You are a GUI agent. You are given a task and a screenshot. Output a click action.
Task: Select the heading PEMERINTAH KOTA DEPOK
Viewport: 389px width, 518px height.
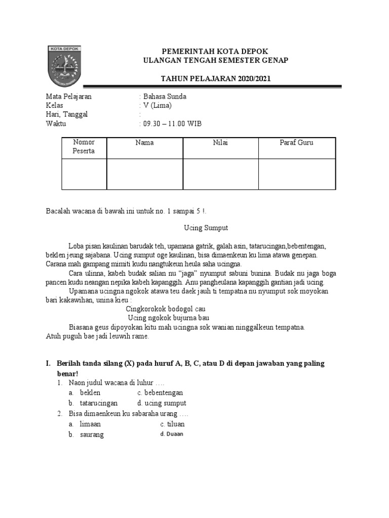(214, 52)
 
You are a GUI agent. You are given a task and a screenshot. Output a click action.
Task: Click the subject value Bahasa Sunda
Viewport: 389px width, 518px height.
(165, 97)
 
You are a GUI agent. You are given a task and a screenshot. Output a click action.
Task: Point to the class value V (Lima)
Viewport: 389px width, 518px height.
(157, 105)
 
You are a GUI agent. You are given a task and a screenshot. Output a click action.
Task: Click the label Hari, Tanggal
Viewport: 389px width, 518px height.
(67, 114)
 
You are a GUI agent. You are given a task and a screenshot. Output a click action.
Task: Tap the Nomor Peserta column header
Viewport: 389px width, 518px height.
(84, 146)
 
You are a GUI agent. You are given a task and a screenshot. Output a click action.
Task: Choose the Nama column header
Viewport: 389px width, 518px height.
(144, 143)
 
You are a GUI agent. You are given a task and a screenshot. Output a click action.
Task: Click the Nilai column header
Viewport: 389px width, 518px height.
(220, 143)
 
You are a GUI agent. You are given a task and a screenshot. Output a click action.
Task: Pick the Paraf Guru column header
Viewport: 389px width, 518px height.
(296, 143)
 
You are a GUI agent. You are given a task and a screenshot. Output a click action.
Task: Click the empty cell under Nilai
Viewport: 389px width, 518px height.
(220, 175)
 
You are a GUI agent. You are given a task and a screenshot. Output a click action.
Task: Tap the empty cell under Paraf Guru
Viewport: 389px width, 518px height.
(296, 175)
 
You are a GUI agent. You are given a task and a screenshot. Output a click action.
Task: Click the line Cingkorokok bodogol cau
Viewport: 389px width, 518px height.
(165, 309)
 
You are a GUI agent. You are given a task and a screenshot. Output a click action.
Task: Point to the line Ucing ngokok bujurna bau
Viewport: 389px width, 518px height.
(169, 318)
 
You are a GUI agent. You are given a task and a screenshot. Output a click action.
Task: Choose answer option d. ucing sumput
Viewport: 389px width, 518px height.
(162, 403)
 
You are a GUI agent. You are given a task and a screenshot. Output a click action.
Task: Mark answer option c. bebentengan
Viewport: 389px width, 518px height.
(160, 393)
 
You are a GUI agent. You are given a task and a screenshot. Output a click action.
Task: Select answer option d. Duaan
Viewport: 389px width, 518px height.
(172, 434)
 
